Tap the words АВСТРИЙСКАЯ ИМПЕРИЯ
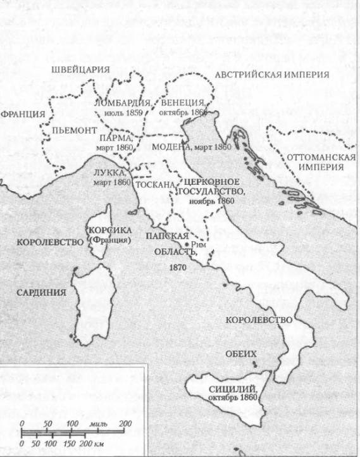272,75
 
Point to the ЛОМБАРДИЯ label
122,103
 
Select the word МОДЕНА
172,146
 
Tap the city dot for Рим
186,244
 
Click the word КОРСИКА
110,230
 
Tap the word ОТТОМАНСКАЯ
314,156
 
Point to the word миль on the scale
99,423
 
